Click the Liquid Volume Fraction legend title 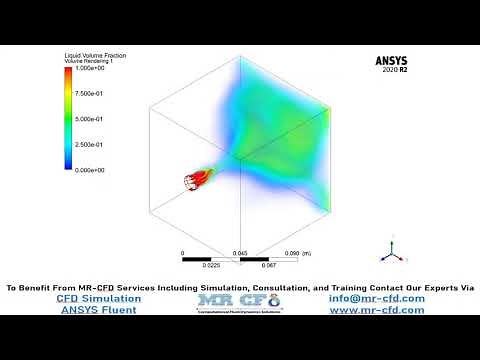pyautogui.click(x=95, y=55)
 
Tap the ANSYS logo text pyautogui.click(x=391, y=60)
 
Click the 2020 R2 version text pyautogui.click(x=396, y=71)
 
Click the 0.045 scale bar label pyautogui.click(x=240, y=253)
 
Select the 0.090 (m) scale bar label pyautogui.click(x=299, y=253)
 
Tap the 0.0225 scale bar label pyautogui.click(x=212, y=266)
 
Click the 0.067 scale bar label pyautogui.click(x=269, y=266)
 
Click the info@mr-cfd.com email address pyautogui.click(x=376, y=298)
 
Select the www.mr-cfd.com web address pyautogui.click(x=376, y=310)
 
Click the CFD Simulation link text pyautogui.click(x=98, y=298)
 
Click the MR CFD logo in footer pyautogui.click(x=239, y=301)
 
